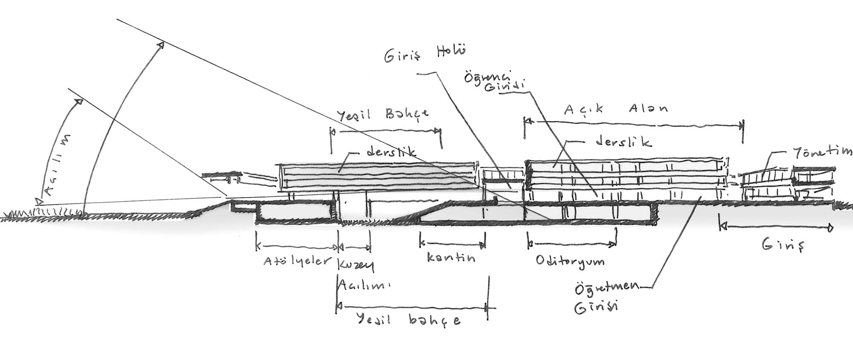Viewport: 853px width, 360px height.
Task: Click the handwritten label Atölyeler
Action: tap(297, 260)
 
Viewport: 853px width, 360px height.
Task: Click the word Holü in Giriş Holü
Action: tap(450, 52)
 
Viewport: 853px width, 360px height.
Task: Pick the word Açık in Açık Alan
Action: tap(583, 110)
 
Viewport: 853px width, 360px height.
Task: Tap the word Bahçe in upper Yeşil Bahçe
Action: tap(407, 114)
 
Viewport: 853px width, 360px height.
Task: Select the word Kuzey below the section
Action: tap(355, 264)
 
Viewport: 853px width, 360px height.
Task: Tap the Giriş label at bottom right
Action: tap(783, 246)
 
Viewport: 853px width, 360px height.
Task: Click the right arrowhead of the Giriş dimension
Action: tap(830, 228)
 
